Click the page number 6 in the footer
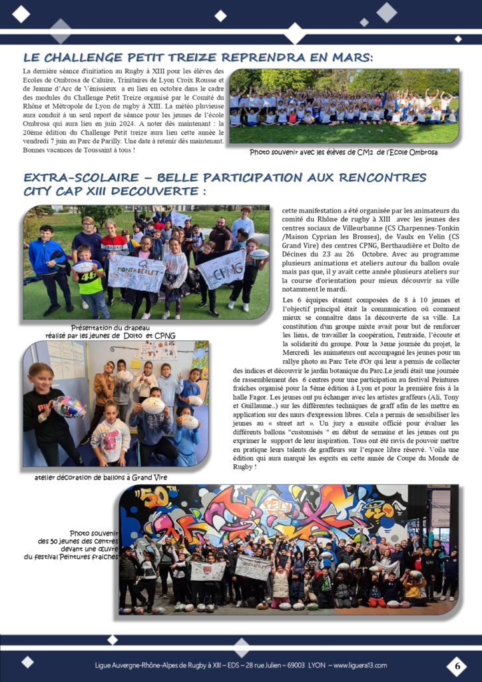(x=457, y=665)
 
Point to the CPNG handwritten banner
(x=222, y=268)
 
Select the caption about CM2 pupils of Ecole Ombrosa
(x=344, y=153)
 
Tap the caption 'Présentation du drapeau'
(x=111, y=327)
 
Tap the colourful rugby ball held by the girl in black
(x=69, y=406)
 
